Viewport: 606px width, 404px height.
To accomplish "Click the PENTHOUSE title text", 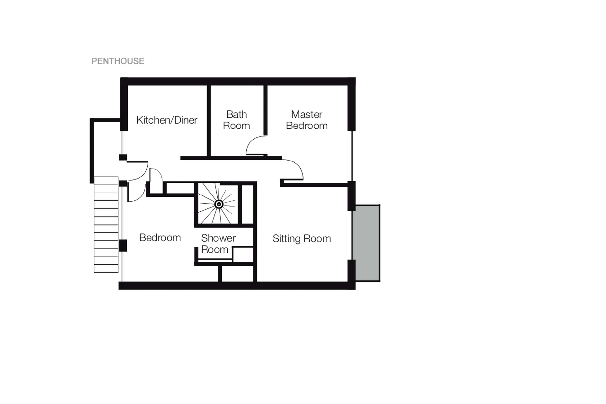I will coord(118,61).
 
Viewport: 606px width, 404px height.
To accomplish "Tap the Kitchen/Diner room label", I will coord(167,120).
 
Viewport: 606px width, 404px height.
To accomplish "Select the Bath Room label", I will coord(236,120).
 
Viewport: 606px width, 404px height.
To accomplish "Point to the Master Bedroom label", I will coord(306,120).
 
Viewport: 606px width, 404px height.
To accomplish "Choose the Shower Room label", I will coord(218,244).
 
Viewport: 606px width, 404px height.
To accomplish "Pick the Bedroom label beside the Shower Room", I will coord(160,238).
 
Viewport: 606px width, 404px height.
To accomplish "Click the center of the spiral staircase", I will coord(219,204).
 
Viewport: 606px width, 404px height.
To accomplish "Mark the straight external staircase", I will coord(106,224).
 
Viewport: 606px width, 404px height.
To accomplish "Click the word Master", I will coord(306,114).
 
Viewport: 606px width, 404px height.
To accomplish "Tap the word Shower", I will coord(218,238).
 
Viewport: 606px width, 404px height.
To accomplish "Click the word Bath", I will coord(236,114).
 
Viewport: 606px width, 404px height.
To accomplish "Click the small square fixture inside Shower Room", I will coord(243,254).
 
